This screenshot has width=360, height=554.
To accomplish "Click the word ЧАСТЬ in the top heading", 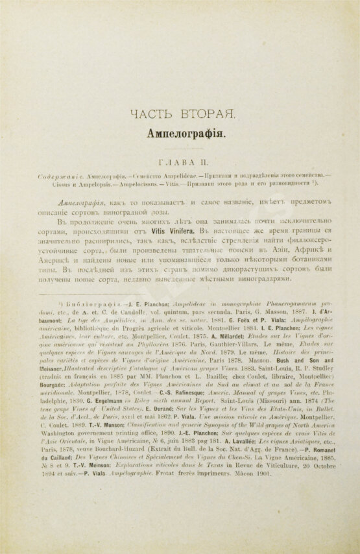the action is (152, 114).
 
